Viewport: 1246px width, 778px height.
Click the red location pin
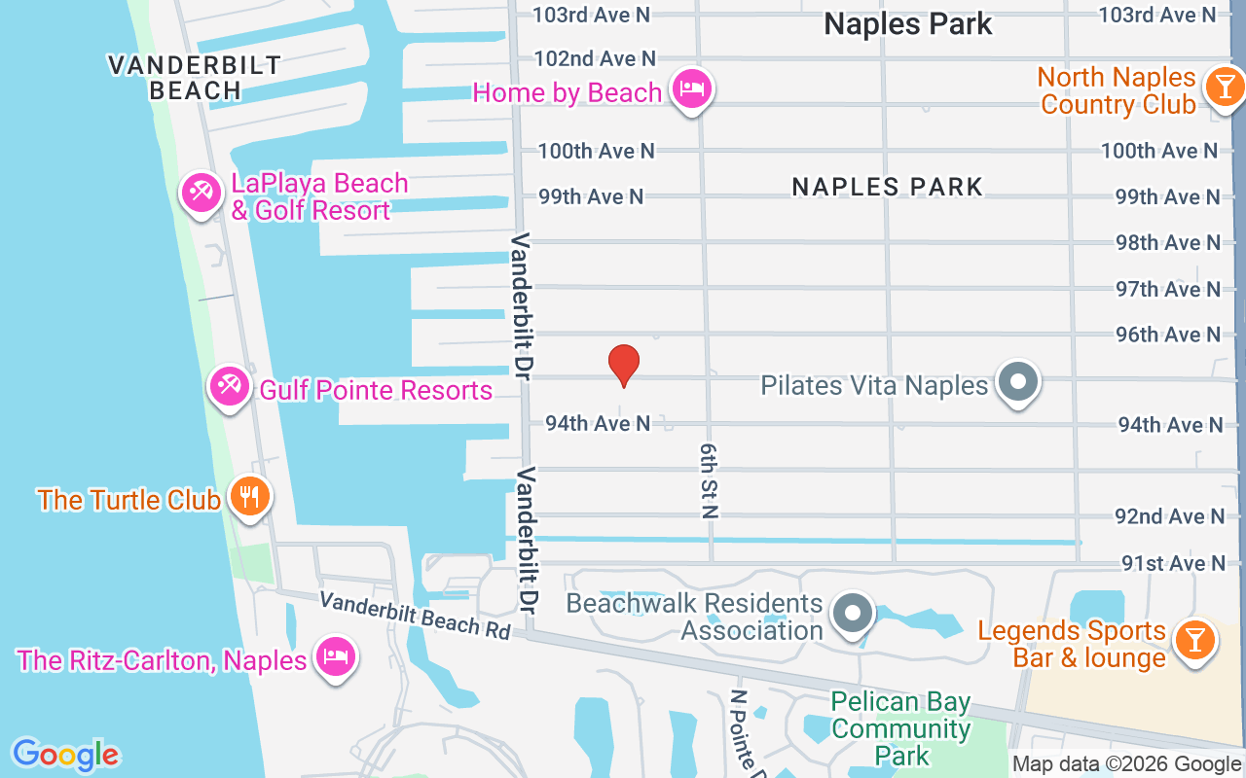623,365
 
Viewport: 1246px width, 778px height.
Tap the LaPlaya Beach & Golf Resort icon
202,192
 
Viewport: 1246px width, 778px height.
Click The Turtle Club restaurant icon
250,497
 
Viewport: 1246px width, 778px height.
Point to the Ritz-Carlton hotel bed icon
336,657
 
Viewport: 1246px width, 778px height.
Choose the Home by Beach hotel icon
691,89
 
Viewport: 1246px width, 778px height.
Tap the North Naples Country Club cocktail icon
1223,87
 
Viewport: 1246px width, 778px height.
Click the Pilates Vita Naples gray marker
1018,382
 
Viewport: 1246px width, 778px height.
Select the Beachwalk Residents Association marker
854,614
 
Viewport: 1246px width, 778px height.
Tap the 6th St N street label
708,481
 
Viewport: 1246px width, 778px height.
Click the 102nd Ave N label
595,59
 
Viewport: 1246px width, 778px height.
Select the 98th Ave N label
1167,242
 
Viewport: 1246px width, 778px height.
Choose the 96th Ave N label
1167,335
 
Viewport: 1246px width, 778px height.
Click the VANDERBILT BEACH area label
195,78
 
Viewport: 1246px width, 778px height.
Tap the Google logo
65,755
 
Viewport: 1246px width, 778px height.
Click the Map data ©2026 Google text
1126,764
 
